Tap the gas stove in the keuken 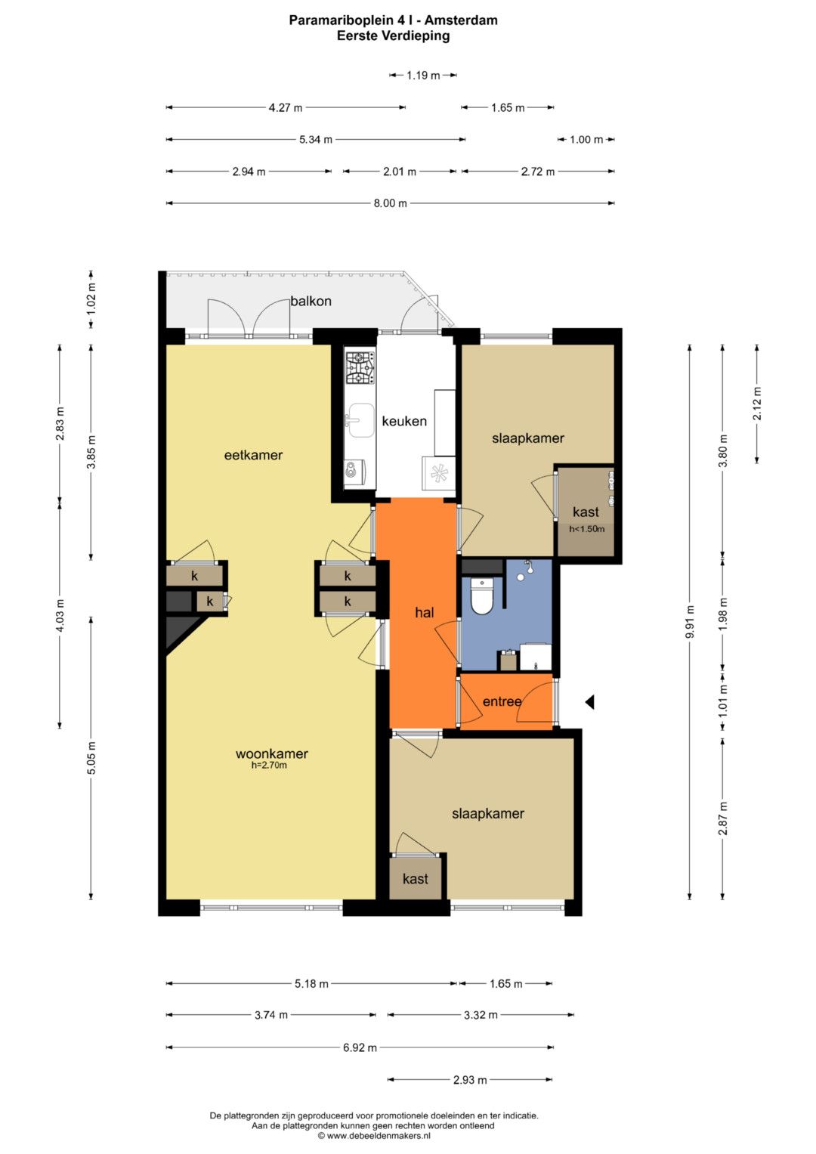(360, 368)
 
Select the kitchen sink (360, 420)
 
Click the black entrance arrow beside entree (589, 701)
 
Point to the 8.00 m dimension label (391, 203)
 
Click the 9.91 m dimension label (691, 621)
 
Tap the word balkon (311, 301)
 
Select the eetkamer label (253, 455)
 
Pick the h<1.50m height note (587, 528)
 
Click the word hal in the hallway (425, 613)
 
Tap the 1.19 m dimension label (423, 76)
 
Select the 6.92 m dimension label (360, 1047)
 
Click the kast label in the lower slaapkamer (416, 878)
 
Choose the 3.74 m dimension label (271, 1015)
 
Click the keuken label (404, 422)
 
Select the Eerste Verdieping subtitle (393, 36)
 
